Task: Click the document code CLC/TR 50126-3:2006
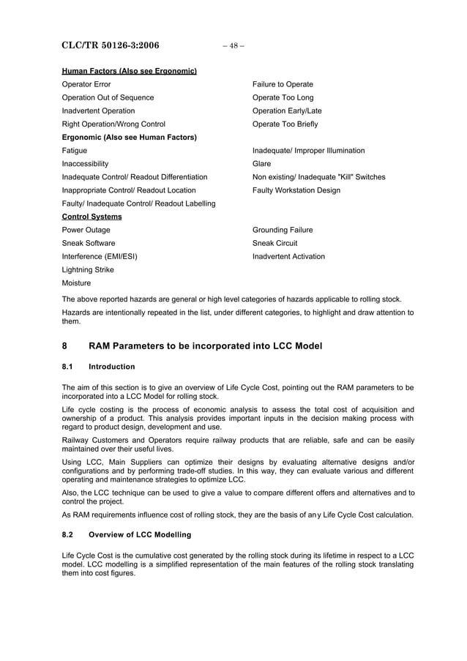pyautogui.click(x=111, y=45)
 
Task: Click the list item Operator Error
pyautogui.click(x=86, y=84)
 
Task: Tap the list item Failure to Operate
pyautogui.click(x=283, y=84)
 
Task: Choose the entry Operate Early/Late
pyautogui.click(x=287, y=111)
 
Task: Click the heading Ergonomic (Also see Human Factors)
pyautogui.click(x=130, y=137)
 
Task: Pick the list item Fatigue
pyautogui.click(x=75, y=150)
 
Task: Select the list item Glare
pyautogui.click(x=261, y=163)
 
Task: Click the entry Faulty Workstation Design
pyautogui.click(x=296, y=190)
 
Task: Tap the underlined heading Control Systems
pyautogui.click(x=91, y=217)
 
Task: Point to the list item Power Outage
pyautogui.click(x=86, y=230)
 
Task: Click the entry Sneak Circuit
pyautogui.click(x=274, y=243)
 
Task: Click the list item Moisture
pyautogui.click(x=76, y=283)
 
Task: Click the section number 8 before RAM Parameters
pyautogui.click(x=64, y=346)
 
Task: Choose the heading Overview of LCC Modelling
pyautogui.click(x=139, y=535)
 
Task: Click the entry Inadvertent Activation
pyautogui.click(x=288, y=256)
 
